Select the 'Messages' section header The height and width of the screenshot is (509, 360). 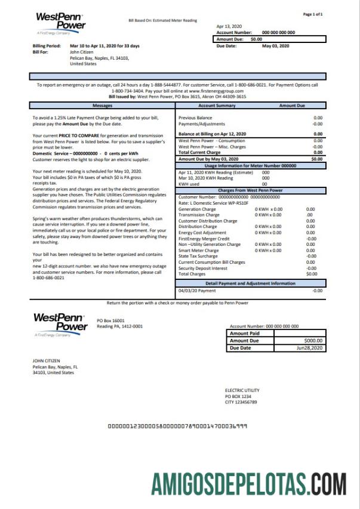pyautogui.click(x=103, y=105)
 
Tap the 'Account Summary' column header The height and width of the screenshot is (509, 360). pyautogui.click(x=217, y=105)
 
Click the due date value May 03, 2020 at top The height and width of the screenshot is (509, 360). pyautogui.click(x=275, y=45)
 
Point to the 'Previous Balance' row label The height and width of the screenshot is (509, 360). pyautogui.click(x=195, y=118)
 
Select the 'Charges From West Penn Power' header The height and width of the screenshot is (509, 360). pyautogui.click(x=250, y=190)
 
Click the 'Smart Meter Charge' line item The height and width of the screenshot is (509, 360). pyautogui.click(x=200, y=251)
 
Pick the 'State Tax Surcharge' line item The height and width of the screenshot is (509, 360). pyautogui.click(x=200, y=256)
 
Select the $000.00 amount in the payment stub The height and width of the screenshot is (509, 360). pyautogui.click(x=313, y=340)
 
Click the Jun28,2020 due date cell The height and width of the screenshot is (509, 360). pyautogui.click(x=312, y=347)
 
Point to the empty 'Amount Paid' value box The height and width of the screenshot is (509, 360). pyautogui.click(x=300, y=333)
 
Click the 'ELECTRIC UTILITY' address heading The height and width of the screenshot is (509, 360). pyautogui.click(x=242, y=390)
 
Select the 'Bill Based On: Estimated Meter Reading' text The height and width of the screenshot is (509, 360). pyautogui.click(x=162, y=20)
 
